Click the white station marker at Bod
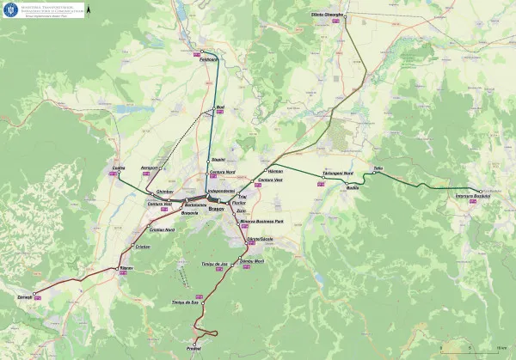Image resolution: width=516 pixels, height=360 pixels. point(213,107)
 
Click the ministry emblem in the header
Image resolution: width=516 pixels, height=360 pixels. point(9,9)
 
